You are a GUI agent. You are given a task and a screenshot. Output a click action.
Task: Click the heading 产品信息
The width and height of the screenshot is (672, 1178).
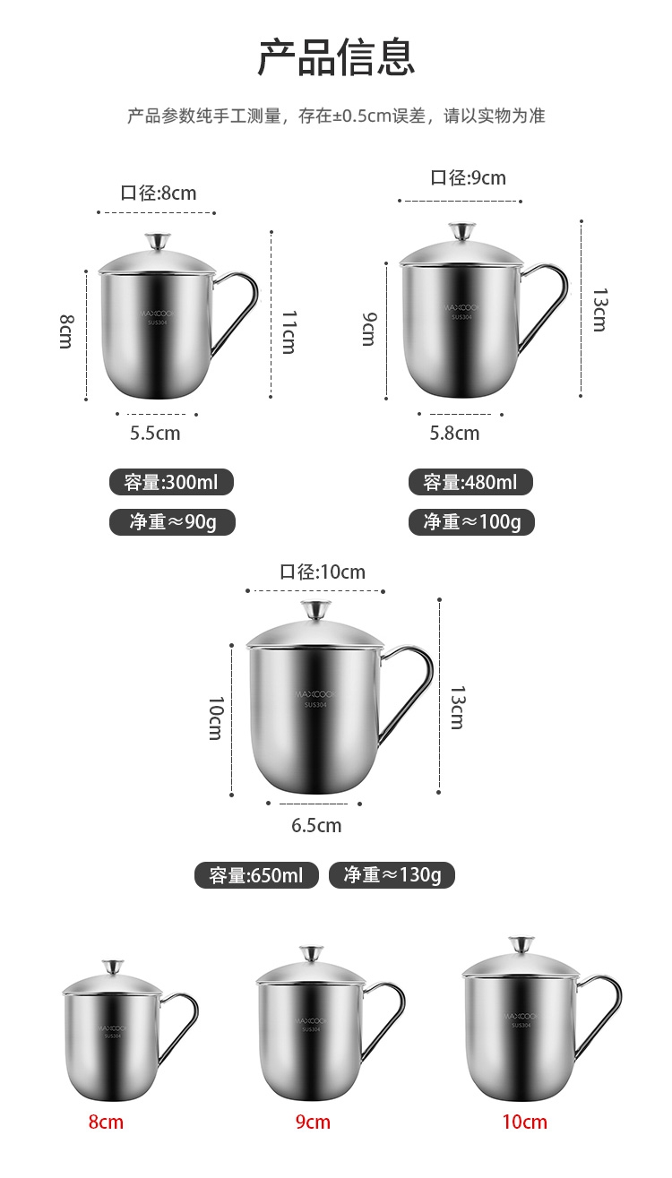336,57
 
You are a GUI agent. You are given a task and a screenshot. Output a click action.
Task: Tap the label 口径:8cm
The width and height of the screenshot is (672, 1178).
159,193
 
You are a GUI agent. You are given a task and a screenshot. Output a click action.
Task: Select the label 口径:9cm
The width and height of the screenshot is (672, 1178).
468,177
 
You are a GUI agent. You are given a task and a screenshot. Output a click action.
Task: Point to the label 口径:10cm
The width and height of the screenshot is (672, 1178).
323,572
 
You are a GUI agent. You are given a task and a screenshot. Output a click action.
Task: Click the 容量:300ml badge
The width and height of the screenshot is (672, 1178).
171,482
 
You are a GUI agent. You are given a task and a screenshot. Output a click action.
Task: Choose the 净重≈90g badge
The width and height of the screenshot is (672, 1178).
172,521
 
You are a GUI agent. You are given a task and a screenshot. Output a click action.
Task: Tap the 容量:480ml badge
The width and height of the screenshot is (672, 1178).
470,482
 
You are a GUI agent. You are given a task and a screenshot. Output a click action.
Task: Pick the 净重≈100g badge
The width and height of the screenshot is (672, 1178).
471,521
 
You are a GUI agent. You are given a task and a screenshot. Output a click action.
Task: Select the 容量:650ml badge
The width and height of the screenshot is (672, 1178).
256,875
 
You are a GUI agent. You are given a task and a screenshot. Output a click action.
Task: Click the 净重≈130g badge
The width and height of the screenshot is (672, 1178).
392,874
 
